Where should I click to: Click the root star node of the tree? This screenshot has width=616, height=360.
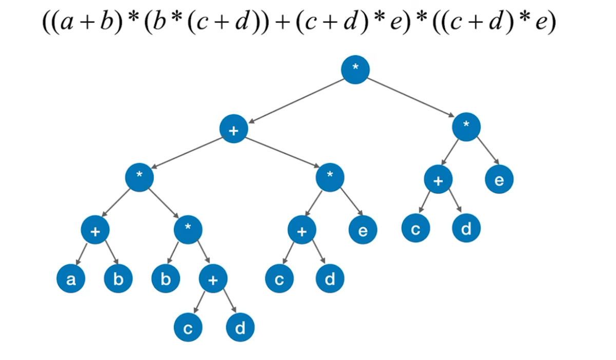(355, 70)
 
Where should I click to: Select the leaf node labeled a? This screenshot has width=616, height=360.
(70, 279)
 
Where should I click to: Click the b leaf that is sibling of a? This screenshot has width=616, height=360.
(118, 279)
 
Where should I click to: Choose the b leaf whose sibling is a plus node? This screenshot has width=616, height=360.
(165, 279)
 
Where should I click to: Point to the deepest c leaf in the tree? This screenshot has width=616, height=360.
(187, 328)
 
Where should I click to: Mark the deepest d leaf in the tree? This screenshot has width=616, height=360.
(240, 328)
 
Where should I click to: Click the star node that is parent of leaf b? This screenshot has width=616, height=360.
(188, 230)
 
